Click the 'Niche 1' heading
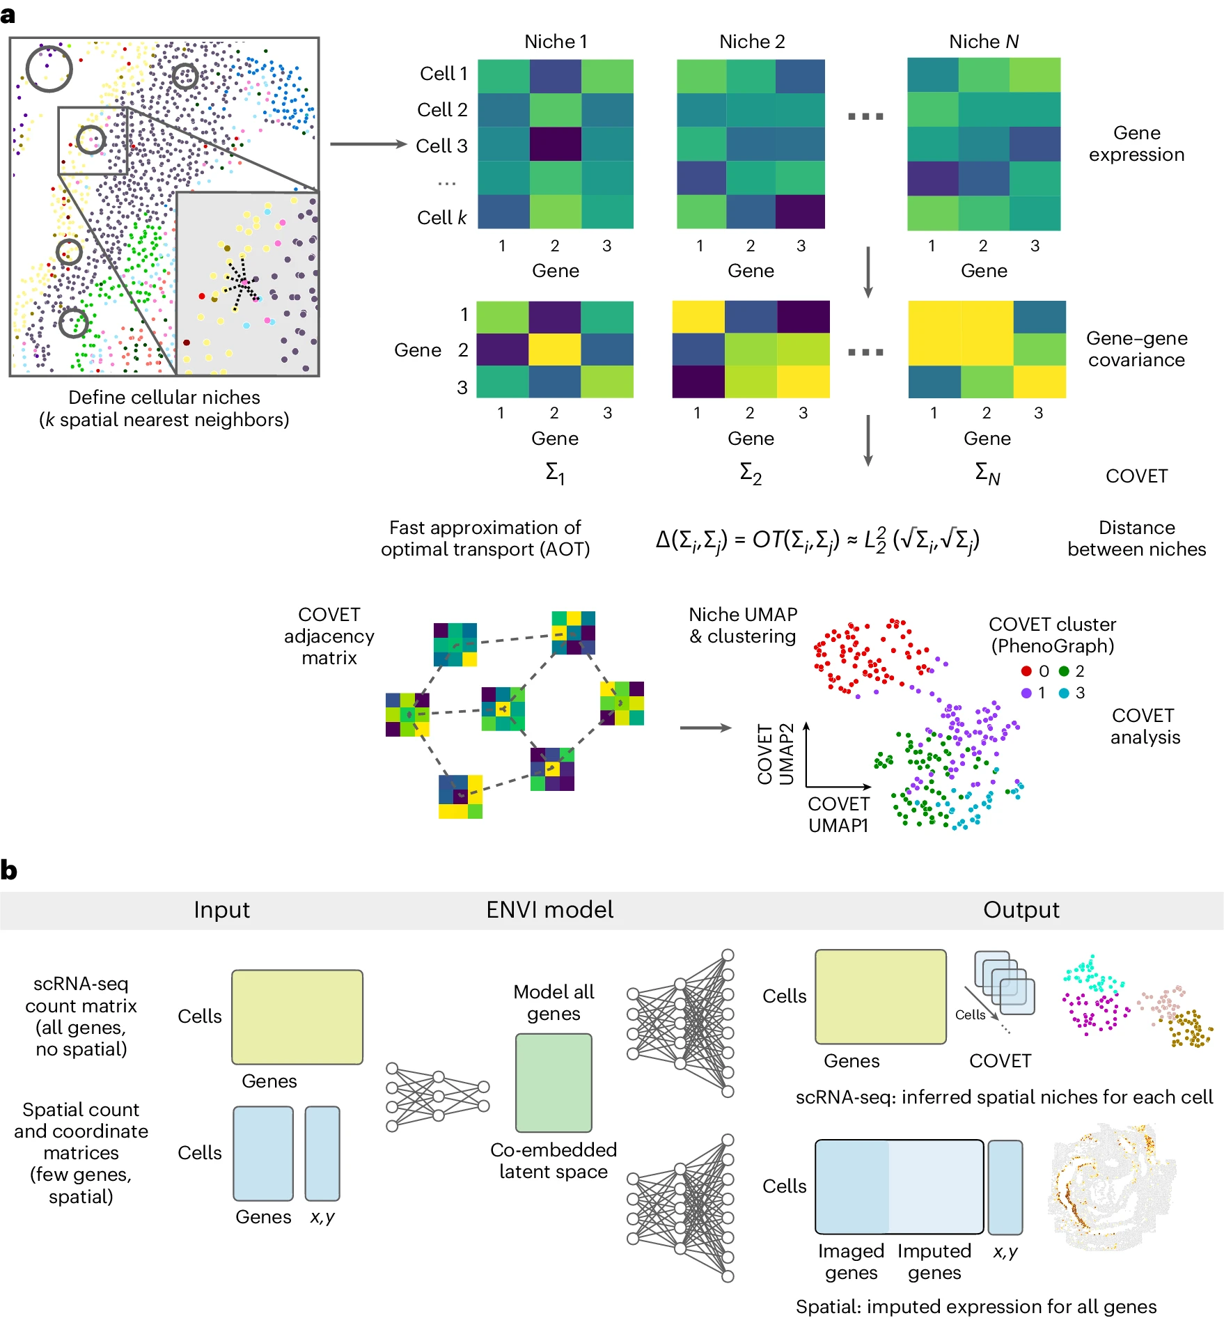pos(556,42)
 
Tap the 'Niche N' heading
pos(983,42)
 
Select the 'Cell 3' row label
pos(441,146)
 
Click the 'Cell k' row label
pos(441,218)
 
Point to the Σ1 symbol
pos(555,473)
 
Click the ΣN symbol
pos(987,473)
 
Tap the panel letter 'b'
pos(9,870)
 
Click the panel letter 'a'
pos(8,15)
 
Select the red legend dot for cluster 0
pos(1026,671)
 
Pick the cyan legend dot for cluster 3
pos(1064,693)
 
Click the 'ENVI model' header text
pos(549,910)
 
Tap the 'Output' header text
pos(1021,910)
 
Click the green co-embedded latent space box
pos(554,1083)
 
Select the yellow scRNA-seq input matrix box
pos(297,1017)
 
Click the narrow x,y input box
pos(322,1154)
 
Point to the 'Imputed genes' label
pos(934,1262)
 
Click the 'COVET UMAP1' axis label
pos(838,815)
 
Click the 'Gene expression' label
pos(1136,143)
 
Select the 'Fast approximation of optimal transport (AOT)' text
pos(485,538)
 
